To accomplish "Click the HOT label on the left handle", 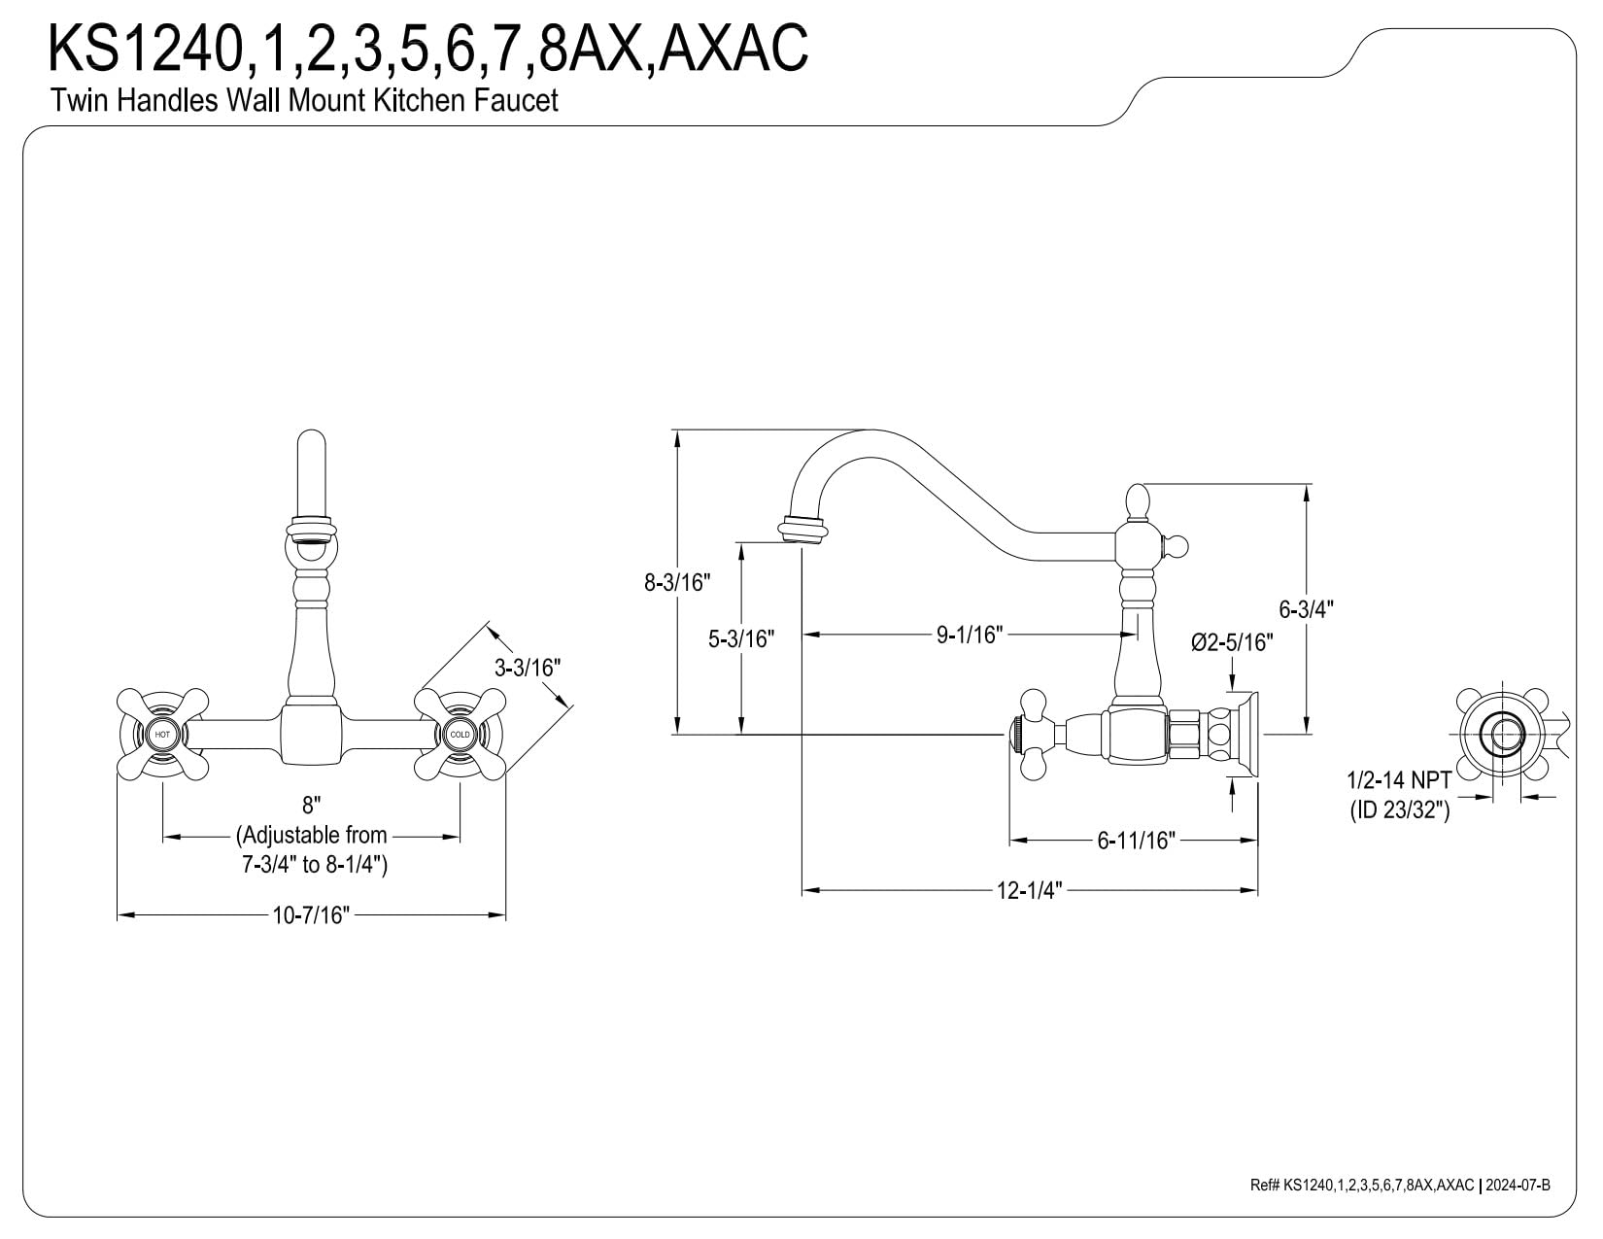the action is (162, 735).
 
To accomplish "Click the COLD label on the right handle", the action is (460, 735).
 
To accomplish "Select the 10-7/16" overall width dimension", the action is (311, 915).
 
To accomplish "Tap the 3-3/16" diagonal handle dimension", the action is (528, 668).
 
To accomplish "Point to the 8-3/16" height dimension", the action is (677, 582).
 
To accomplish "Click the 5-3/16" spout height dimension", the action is (741, 638).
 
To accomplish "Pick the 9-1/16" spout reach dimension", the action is (971, 634).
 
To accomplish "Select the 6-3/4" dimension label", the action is (1307, 608).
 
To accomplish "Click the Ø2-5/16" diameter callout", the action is (1233, 642).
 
